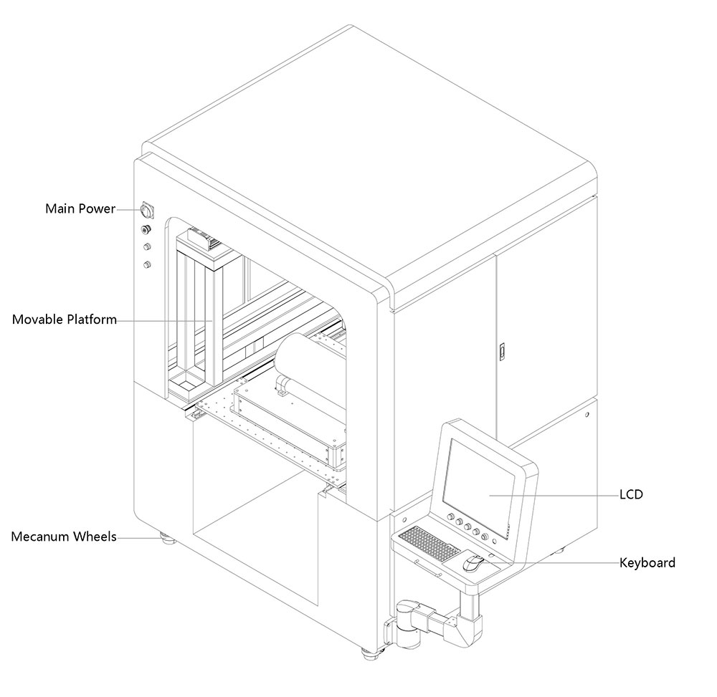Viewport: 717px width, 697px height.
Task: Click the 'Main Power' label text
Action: (80, 209)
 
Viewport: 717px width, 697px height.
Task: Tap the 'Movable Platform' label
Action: (65, 319)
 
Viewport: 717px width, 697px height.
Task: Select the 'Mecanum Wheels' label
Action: (64, 537)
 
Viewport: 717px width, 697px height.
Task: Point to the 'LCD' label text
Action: (631, 494)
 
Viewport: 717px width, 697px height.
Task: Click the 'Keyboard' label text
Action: (647, 562)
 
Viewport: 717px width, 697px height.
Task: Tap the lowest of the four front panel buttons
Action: (148, 265)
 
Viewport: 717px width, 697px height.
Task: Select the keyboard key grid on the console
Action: (429, 544)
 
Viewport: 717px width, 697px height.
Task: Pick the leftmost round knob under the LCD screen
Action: (450, 517)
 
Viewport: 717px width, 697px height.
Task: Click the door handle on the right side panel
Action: (502, 351)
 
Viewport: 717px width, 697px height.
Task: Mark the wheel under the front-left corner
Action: (167, 538)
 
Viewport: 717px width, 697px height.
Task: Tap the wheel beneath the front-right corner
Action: (370, 653)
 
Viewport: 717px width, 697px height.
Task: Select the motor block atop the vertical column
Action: (205, 239)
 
